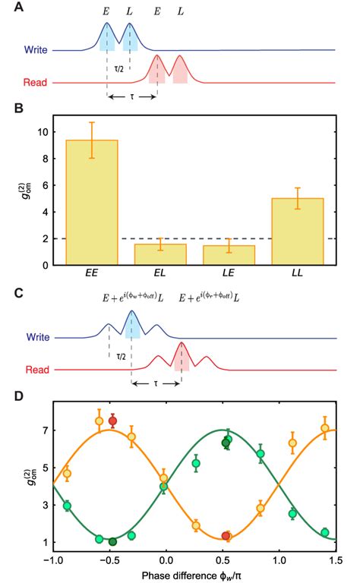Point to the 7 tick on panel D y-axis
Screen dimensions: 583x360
click(44, 430)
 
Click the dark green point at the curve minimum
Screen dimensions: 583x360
click(112, 541)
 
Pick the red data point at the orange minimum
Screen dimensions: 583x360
click(225, 536)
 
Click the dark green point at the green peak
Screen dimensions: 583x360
click(225, 443)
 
